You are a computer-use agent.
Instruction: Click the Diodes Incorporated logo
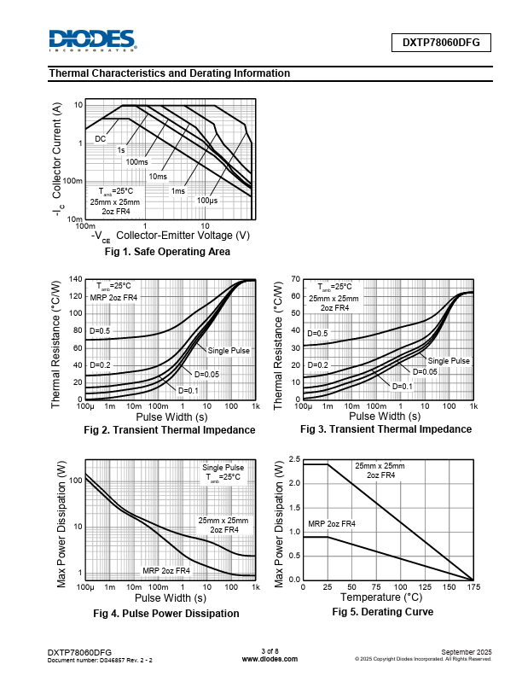pos(92,40)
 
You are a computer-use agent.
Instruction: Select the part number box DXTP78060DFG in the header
pos(441,41)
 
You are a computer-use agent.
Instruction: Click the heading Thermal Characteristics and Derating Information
pos(170,73)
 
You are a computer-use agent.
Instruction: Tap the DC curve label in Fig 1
pos(101,138)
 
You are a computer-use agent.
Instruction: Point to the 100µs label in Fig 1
pos(207,201)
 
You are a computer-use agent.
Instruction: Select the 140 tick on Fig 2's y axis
pos(76,280)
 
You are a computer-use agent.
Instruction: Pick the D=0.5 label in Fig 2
pos(101,331)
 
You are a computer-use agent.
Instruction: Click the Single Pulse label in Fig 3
pos(449,361)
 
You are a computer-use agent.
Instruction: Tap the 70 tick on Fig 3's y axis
pos(295,280)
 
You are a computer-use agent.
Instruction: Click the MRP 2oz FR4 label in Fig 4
pos(166,571)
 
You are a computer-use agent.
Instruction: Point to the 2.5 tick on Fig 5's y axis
pos(293,460)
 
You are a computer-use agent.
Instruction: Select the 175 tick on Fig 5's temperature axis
pos(473,587)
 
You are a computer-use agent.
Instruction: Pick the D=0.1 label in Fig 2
pos(188,390)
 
